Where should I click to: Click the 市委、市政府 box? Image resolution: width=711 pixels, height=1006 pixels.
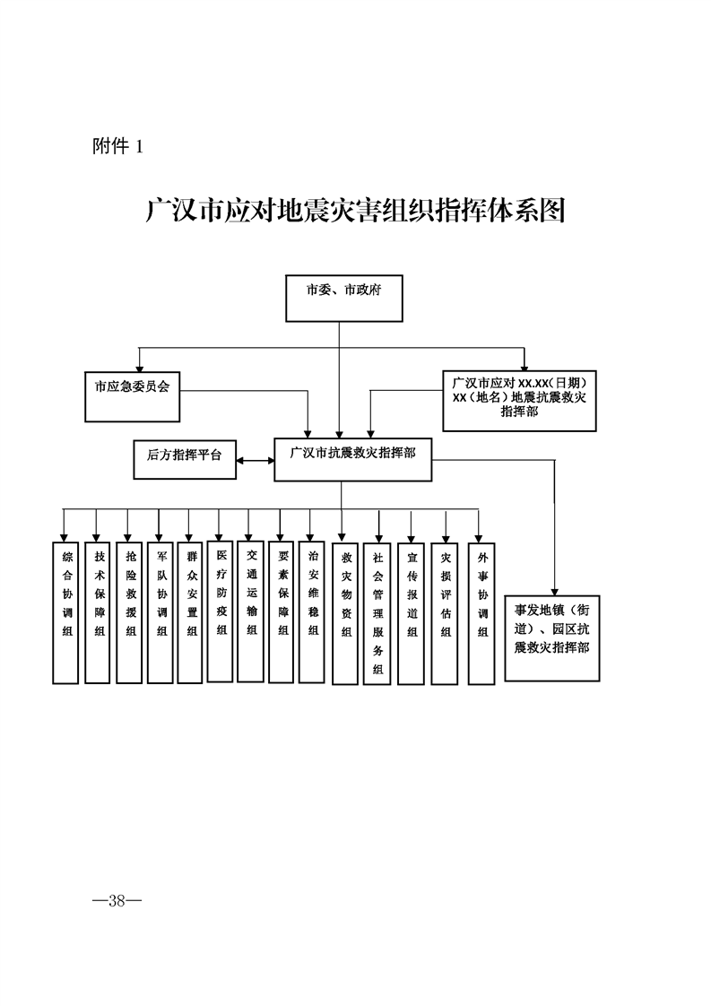343,298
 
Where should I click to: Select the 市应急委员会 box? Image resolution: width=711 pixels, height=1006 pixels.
133,395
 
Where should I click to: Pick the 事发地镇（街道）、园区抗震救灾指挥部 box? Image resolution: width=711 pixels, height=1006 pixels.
551,636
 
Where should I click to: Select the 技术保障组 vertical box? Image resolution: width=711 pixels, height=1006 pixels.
99,611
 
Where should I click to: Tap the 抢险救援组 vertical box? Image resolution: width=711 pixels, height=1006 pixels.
130,611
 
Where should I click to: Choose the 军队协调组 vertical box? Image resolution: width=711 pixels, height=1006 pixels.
160,611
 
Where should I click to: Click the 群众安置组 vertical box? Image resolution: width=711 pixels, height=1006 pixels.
191,611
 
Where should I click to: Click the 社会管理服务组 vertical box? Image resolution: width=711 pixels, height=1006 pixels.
377,613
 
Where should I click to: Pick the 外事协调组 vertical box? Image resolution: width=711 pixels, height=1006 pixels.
482,611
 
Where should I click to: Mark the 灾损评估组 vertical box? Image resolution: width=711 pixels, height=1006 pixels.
445,611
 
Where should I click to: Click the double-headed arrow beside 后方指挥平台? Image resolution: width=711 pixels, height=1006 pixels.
256,461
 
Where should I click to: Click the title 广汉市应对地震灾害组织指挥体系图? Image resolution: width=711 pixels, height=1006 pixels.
355,210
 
